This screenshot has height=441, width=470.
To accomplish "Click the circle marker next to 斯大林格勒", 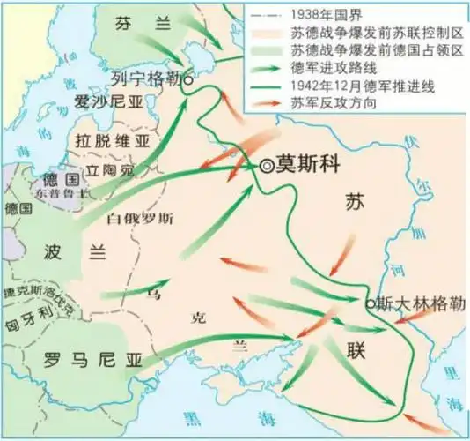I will click(370, 303).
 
